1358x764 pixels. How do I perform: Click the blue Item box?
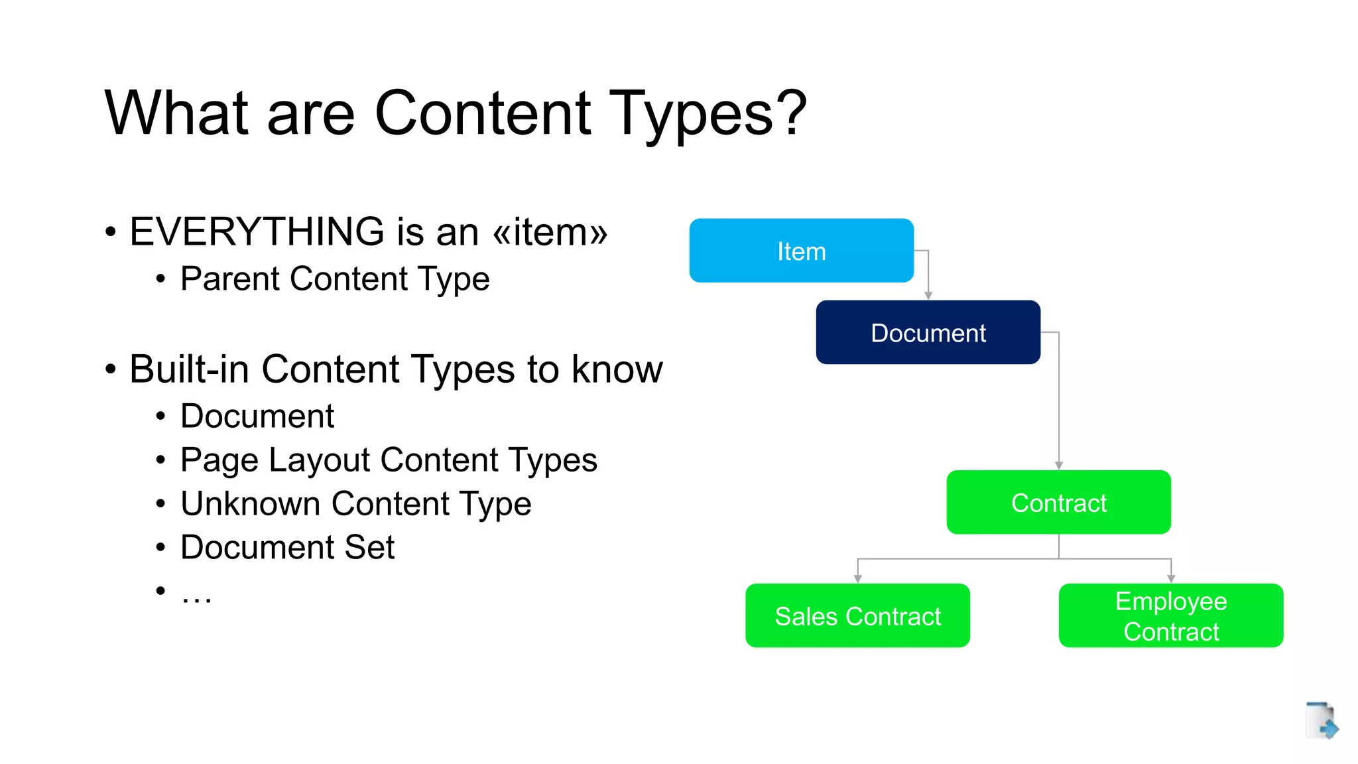point(801,251)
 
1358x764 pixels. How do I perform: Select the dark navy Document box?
point(928,332)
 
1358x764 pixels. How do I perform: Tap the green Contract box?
point(1058,502)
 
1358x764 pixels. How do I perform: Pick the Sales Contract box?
point(857,615)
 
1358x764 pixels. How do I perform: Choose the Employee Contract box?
point(1170,615)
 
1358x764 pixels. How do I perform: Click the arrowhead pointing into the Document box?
point(928,295)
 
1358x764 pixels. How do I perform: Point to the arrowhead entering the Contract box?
point(1059,466)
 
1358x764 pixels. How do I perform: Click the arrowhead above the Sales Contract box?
point(858,579)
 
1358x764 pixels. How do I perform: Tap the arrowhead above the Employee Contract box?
point(1171,579)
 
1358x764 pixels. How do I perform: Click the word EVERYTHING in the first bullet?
point(257,231)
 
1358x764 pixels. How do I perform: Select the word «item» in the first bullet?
point(550,232)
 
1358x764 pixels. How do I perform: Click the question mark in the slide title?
point(791,113)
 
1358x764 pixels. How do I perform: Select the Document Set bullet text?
point(287,547)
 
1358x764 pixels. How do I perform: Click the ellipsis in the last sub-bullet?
point(196,596)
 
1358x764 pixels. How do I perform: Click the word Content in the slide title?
point(483,113)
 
